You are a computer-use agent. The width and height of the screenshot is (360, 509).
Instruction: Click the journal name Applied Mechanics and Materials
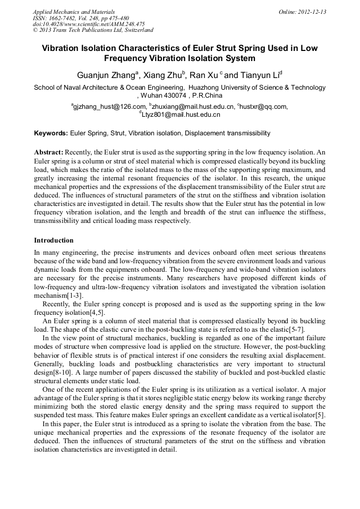(x=74, y=12)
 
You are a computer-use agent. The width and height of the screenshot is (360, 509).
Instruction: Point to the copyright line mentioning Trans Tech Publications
(x=93, y=30)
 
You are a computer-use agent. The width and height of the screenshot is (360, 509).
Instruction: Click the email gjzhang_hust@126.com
(x=109, y=107)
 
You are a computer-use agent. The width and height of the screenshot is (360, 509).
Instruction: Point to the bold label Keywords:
(x=51, y=133)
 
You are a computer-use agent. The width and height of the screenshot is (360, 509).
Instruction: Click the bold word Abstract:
(x=49, y=152)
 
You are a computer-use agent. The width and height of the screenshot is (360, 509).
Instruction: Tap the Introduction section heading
(x=54, y=240)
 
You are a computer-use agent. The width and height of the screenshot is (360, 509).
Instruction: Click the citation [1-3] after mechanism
(x=74, y=295)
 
